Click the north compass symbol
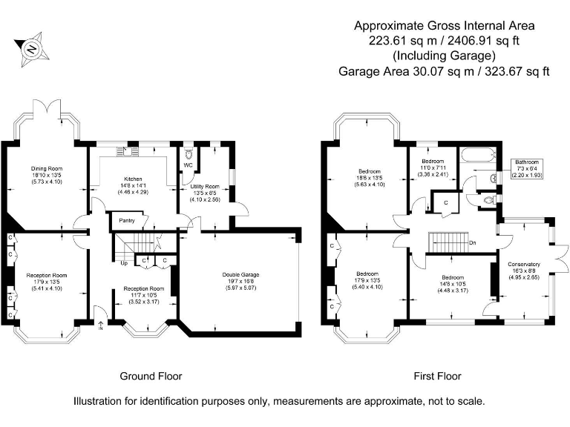click(32, 50)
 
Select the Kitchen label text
click(133, 179)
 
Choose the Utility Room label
click(205, 187)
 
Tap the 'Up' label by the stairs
click(123, 262)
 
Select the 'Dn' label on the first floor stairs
click(472, 242)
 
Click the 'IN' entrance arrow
click(101, 325)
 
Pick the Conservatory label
click(524, 264)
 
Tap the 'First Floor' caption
click(437, 376)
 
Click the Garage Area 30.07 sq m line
click(444, 72)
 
